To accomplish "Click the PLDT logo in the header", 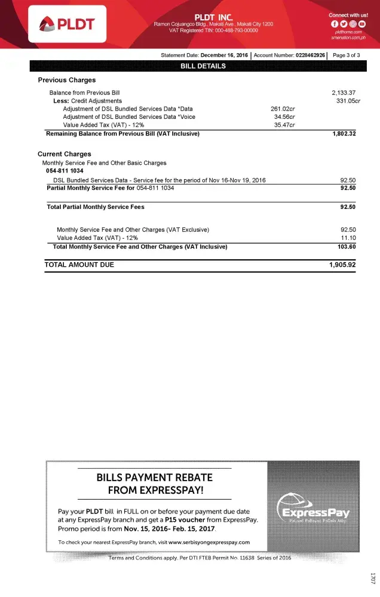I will [x=67, y=23].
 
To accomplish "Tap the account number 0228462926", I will [x=311, y=55].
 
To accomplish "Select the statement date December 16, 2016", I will [x=224, y=55].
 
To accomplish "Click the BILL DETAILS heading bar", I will [x=203, y=66].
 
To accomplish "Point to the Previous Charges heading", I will [x=66, y=80].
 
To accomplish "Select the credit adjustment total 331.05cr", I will [x=346, y=101].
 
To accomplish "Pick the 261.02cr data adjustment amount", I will [x=283, y=109].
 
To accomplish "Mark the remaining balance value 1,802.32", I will [x=344, y=134].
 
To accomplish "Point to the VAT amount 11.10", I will [x=348, y=238].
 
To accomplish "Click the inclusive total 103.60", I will [x=347, y=247].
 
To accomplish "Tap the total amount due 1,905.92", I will [x=342, y=265].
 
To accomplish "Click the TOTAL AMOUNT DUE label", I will [x=79, y=265].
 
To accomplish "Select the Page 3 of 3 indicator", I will [x=346, y=55].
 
